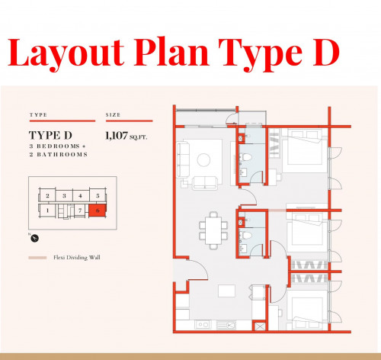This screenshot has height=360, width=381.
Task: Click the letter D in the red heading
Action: (325, 53)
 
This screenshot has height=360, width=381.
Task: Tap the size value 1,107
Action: (117, 136)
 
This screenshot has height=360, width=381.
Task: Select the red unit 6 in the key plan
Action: (98, 211)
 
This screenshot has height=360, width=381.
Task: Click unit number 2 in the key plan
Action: (47, 196)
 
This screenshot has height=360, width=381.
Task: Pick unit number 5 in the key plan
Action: (98, 196)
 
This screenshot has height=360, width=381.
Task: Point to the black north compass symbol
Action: (35, 239)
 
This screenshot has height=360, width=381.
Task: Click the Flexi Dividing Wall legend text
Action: (77, 258)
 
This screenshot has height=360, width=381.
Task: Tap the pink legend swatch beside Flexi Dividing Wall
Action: (37, 258)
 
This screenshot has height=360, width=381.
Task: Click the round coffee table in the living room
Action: (203, 160)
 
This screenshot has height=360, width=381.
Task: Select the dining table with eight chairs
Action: (213, 230)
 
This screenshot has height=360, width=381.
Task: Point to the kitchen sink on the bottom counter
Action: (203, 325)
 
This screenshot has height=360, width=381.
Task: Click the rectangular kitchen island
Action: (226, 291)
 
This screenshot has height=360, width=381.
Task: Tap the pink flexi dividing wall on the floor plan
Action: (277, 211)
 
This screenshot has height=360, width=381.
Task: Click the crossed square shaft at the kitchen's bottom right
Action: (260, 326)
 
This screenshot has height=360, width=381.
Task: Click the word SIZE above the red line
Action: (113, 115)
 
